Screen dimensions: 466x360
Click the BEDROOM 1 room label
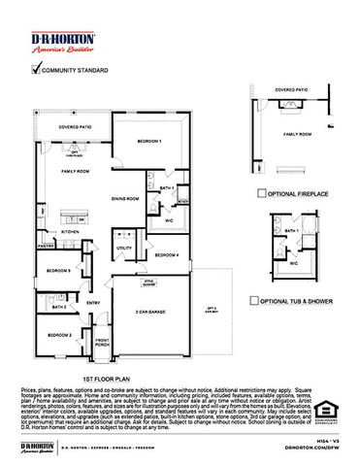coord(149,141)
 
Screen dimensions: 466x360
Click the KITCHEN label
coord(71,232)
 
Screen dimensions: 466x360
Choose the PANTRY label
coord(44,247)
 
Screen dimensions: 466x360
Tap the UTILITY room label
coord(123,249)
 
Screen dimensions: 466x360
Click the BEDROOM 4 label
coord(167,254)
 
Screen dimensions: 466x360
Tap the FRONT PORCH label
coord(102,344)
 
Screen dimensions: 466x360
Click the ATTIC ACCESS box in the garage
coord(149,283)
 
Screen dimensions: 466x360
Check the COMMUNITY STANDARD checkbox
coord(38,70)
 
